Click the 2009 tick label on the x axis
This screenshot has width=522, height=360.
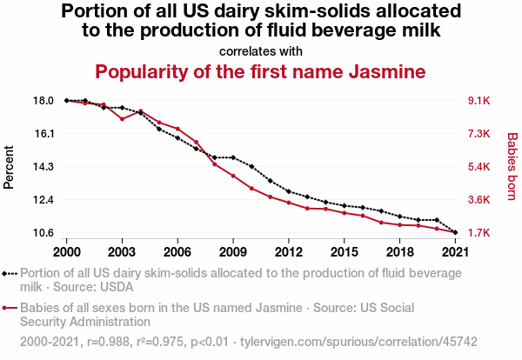233,251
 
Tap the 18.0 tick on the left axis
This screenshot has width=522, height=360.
43,101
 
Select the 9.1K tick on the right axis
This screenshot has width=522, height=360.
479,101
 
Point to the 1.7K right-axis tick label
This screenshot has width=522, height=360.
479,233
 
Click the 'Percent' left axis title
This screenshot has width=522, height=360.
10,167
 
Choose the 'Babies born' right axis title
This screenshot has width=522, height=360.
512,167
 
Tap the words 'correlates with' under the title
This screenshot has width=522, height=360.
260,50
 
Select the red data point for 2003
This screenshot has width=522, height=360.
123,119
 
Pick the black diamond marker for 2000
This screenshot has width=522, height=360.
67,101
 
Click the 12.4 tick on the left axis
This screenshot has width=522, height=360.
43,200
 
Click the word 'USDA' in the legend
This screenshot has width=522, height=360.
117,285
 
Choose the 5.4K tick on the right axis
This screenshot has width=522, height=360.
479,167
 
